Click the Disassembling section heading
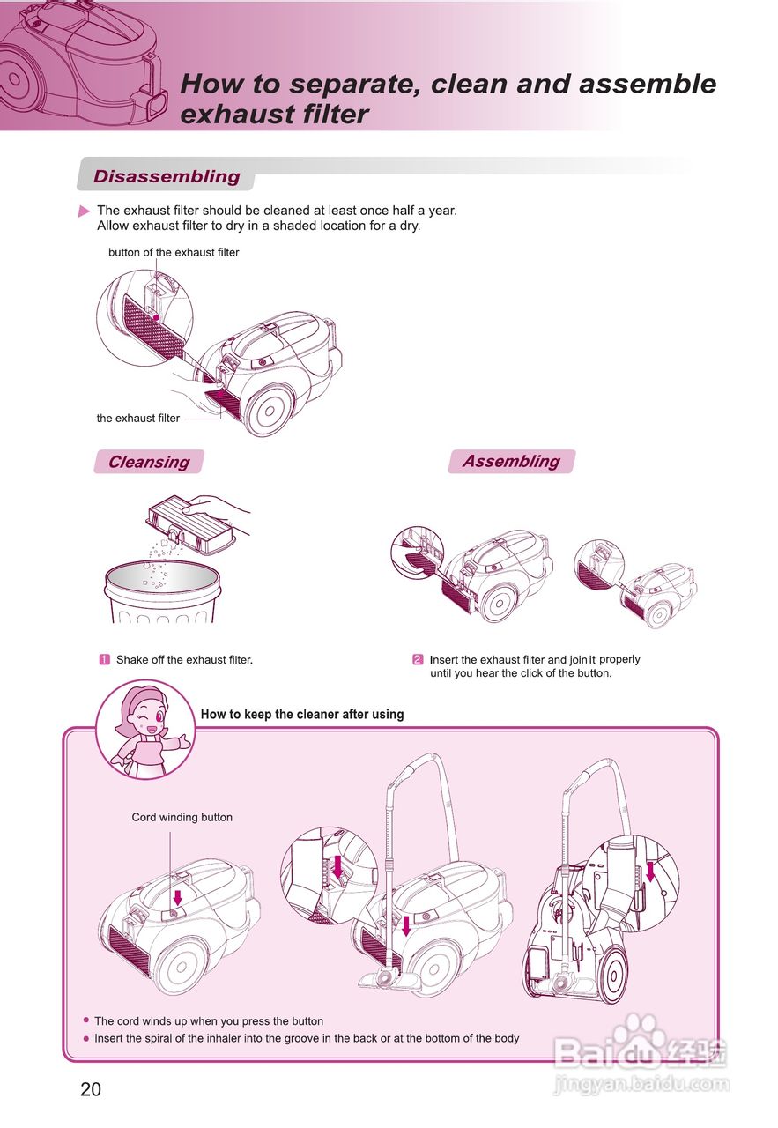[167, 176]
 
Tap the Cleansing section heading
[148, 462]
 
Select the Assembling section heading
[511, 461]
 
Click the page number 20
[91, 1089]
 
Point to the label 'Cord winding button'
[182, 817]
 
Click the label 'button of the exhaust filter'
[174, 252]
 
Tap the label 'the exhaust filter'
[138, 419]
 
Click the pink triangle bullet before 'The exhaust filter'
[85, 211]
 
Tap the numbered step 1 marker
[104, 659]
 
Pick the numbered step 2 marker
[418, 659]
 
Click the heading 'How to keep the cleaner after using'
[302, 714]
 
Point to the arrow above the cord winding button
[177, 896]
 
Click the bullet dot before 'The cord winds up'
[85, 1020]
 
